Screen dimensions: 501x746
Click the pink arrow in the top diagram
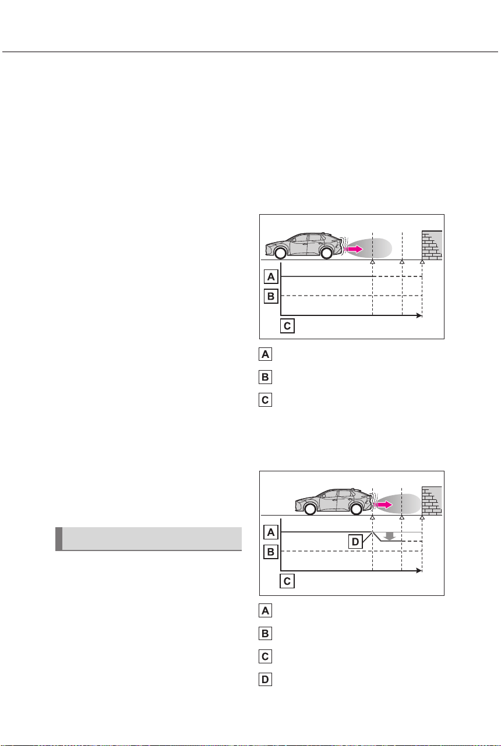click(x=355, y=249)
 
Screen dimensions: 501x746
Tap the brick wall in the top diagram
click(x=432, y=245)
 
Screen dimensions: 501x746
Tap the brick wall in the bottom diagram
click(x=432, y=501)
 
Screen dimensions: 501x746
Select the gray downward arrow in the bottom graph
click(x=389, y=536)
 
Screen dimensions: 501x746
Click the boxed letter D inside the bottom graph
click(x=355, y=542)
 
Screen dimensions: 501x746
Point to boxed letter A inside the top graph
click(x=271, y=277)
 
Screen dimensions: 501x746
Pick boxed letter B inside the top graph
click(x=271, y=296)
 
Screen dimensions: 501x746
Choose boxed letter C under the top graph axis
click(x=287, y=326)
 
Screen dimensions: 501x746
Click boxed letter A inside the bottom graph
click(x=271, y=532)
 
